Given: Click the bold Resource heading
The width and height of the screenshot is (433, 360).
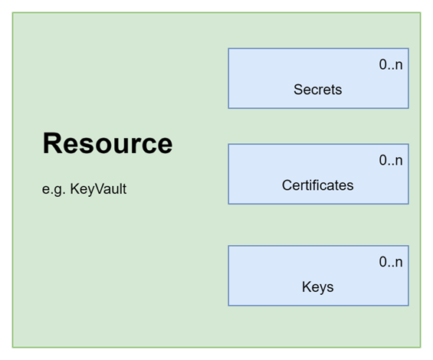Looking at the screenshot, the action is point(107,143).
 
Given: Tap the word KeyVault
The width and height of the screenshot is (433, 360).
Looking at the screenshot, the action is point(98,189).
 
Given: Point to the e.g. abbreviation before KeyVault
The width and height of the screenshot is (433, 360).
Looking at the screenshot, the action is point(54,190).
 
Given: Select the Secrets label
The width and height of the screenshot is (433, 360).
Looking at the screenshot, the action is point(317,90).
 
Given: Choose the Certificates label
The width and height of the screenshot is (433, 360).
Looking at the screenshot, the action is point(317,185).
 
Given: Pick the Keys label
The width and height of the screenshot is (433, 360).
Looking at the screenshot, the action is point(317,287).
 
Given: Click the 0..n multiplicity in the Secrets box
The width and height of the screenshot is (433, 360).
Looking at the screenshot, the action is point(391,64).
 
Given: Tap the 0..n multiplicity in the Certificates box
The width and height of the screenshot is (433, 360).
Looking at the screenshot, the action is point(391,160).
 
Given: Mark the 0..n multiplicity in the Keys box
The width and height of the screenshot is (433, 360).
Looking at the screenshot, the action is point(391,262).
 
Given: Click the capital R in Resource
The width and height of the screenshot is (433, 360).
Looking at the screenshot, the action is point(51,143).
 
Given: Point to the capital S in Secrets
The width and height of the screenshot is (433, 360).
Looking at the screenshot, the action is point(299,90).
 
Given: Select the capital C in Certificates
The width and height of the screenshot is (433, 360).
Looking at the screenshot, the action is point(287,185).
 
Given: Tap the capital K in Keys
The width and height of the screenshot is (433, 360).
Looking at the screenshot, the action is point(307,286).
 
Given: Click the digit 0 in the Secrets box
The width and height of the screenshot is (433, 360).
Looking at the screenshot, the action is point(382,64).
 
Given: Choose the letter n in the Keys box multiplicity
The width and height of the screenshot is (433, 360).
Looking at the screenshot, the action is point(399,263).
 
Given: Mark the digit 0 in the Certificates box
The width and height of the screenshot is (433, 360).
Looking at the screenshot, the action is point(382,160).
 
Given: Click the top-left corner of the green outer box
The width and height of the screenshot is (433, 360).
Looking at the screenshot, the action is point(12,12).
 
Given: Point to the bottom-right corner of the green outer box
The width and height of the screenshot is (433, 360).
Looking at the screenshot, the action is point(421,347).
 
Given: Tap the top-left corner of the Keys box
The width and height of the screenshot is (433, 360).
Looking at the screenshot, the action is point(228,246).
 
